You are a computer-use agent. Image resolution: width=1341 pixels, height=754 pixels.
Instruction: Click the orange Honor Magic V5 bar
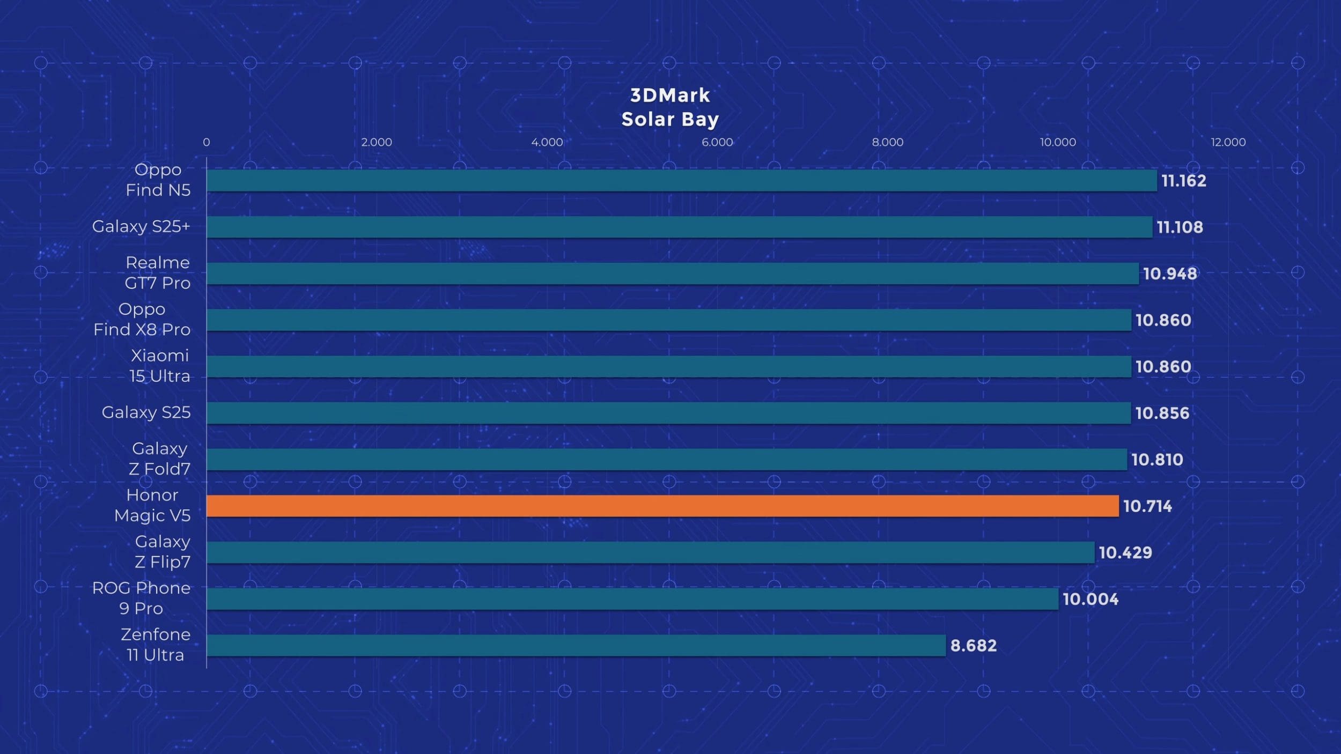tap(662, 506)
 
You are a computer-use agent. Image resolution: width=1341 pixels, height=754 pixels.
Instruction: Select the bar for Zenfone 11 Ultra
tap(576, 645)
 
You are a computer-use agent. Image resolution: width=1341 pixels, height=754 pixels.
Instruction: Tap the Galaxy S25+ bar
tap(679, 227)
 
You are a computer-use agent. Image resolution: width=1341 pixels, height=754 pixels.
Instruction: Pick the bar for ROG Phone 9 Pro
tap(632, 598)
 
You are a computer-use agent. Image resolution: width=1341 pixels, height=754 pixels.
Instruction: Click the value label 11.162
tap(1183, 181)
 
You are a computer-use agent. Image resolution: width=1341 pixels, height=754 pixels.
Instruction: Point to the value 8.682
tap(973, 645)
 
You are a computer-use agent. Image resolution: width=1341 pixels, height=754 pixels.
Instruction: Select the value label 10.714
tap(1147, 506)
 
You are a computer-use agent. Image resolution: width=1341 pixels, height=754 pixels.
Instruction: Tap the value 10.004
tap(1091, 598)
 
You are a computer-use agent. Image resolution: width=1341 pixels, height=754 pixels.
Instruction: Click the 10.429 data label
tap(1125, 552)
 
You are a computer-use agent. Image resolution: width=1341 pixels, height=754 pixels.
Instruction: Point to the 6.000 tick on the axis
tap(717, 142)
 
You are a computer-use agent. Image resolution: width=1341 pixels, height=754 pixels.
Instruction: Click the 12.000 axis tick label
tap(1228, 142)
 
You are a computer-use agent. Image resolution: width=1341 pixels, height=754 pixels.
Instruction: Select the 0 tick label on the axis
tap(207, 142)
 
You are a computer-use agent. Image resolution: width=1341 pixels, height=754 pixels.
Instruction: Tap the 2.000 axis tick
tap(377, 142)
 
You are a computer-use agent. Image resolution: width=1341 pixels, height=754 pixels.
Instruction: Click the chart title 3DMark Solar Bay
tap(670, 107)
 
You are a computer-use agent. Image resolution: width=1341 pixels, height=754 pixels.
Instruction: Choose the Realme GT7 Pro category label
tap(158, 272)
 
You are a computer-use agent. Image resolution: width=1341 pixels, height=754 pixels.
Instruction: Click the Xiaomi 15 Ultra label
tap(160, 365)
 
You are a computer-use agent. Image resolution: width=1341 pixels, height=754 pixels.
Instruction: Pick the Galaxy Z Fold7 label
tap(160, 459)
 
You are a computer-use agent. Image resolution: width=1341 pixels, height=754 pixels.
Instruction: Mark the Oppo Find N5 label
tap(158, 180)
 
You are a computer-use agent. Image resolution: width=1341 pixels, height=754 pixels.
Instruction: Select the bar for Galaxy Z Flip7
tap(650, 552)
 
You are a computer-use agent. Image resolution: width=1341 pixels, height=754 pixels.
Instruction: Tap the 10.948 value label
tap(1169, 273)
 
